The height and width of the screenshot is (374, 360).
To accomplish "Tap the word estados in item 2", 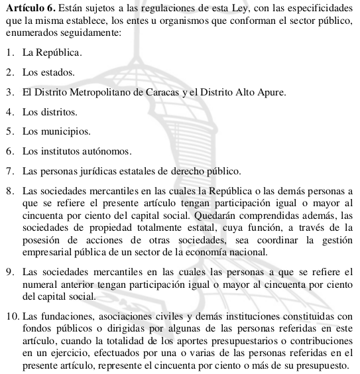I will click(58, 71).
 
